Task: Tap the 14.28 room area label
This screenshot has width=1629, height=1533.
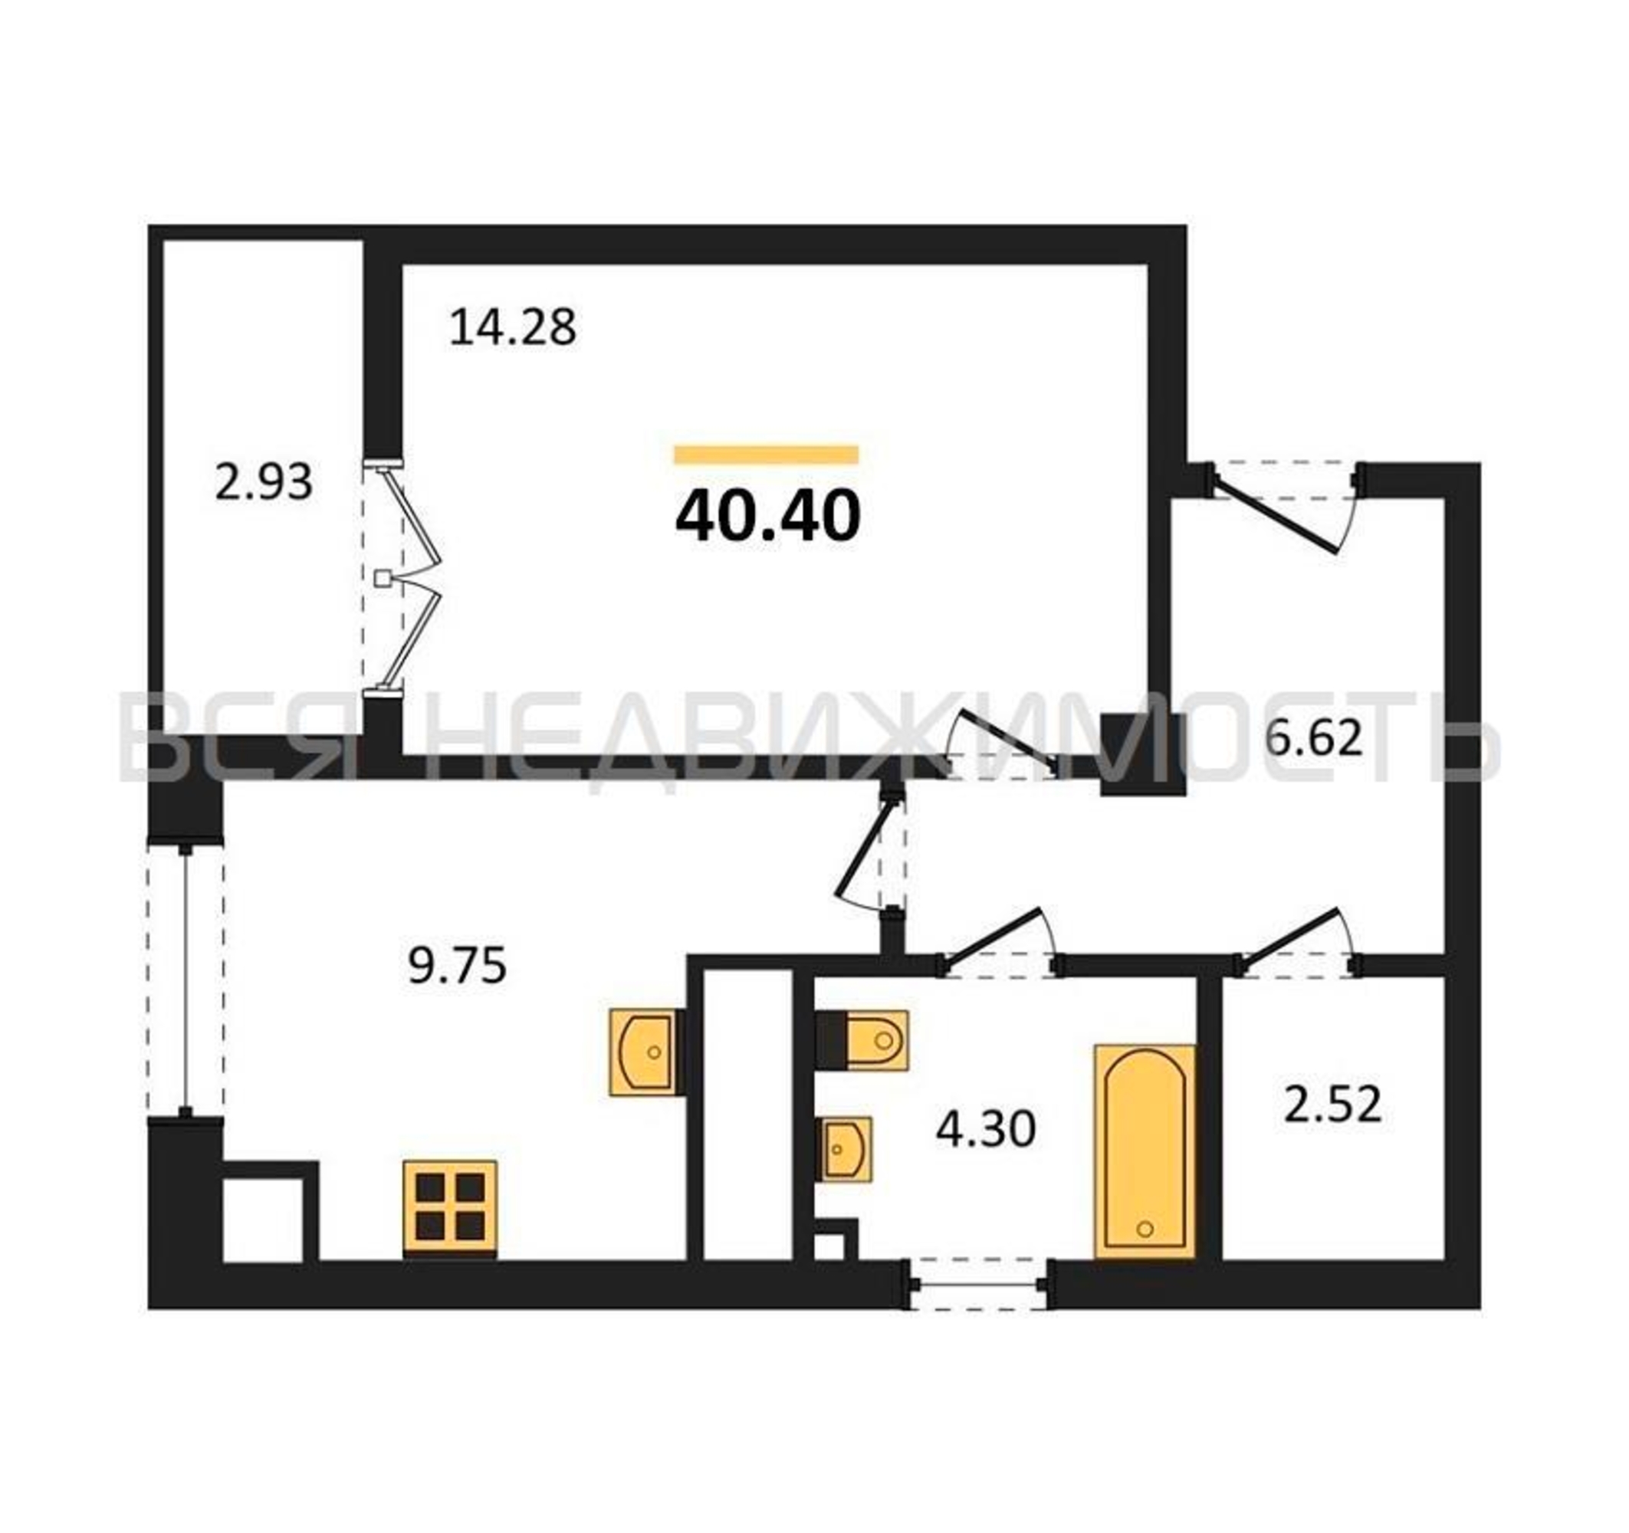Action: [513, 327]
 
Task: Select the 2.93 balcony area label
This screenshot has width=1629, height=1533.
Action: [264, 482]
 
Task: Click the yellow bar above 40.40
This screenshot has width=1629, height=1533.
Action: [766, 455]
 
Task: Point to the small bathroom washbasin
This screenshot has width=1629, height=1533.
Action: [846, 1149]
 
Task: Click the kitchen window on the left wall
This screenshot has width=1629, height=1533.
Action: [186, 978]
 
